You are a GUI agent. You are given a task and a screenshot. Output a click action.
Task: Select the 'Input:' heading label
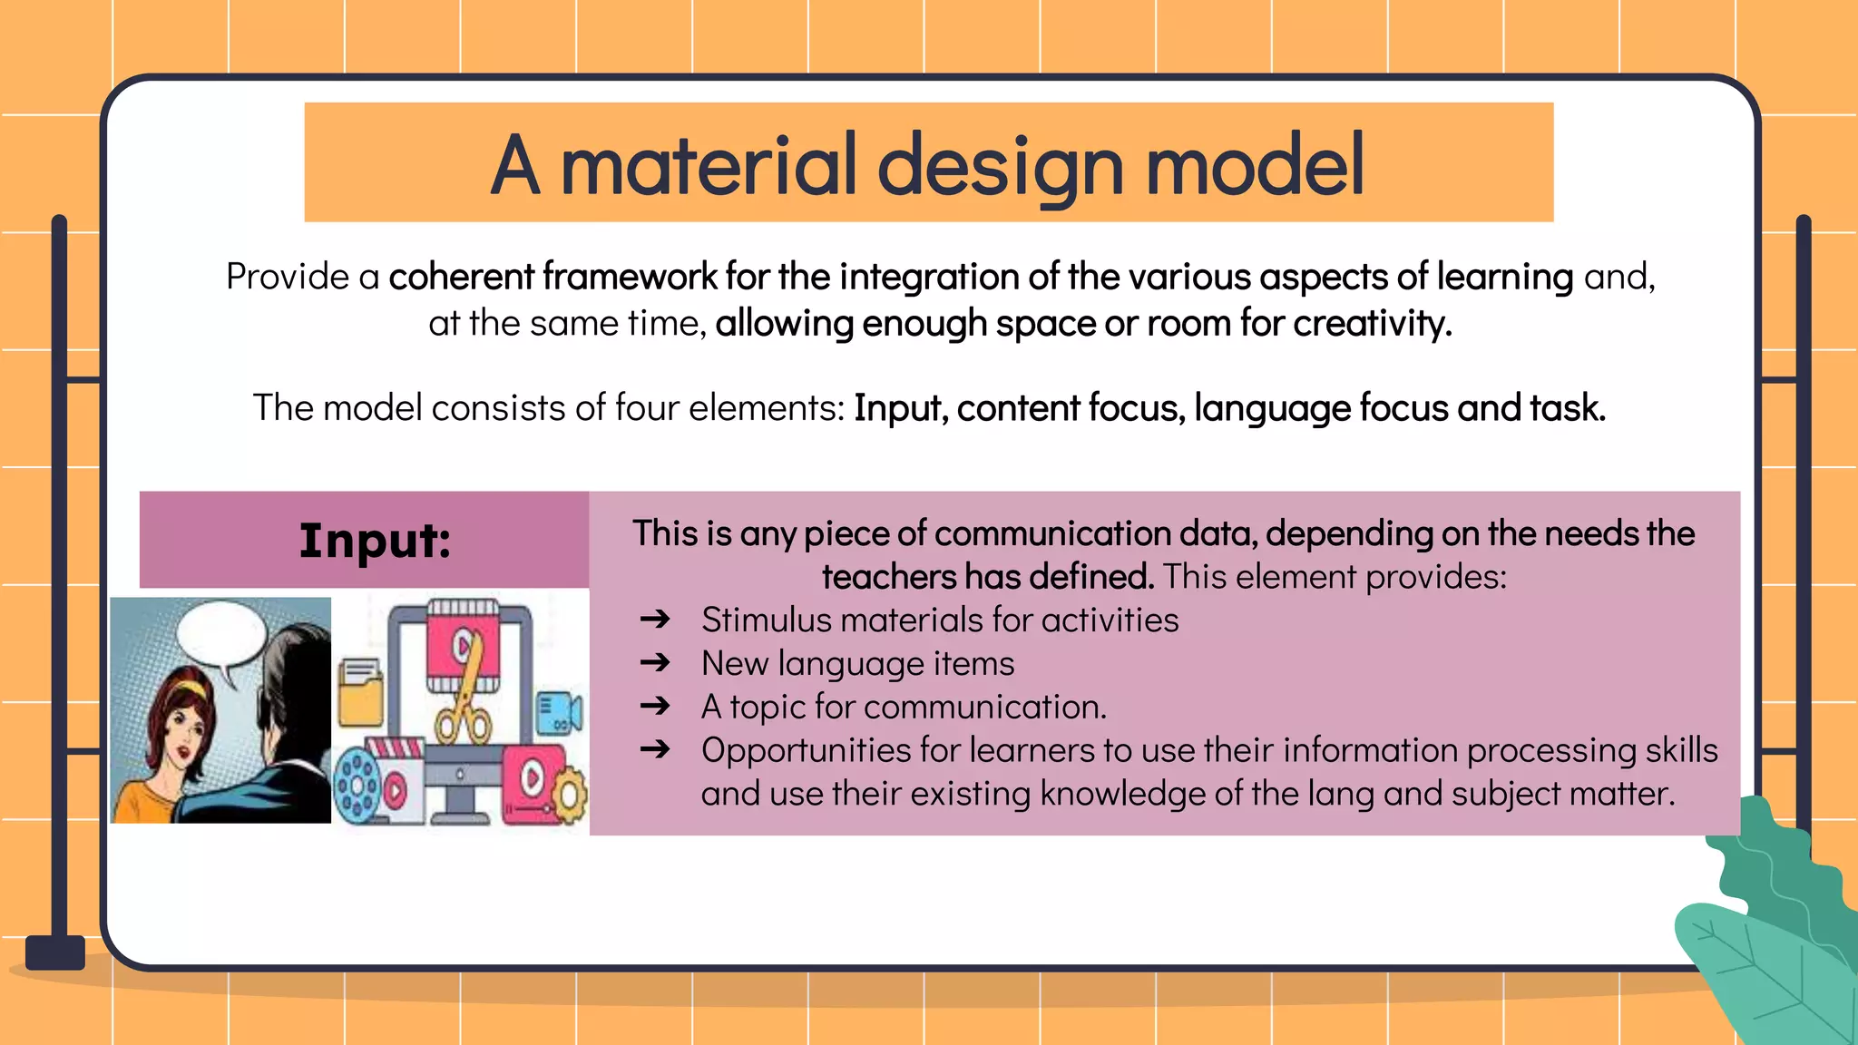pos(375,541)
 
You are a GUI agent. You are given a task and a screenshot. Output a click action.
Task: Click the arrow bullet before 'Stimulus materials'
pos(654,620)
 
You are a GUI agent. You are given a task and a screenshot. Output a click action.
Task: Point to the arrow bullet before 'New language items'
pos(654,663)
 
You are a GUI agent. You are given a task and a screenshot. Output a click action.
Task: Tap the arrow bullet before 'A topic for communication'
pos(654,706)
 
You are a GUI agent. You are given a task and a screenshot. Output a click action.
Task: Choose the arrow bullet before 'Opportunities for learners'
pos(654,749)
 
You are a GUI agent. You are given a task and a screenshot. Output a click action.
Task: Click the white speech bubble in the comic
pos(220,635)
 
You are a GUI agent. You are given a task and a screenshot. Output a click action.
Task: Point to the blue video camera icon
pos(558,712)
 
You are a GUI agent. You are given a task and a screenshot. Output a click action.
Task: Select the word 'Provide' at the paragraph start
pos(287,277)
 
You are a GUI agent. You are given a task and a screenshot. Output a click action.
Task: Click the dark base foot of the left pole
pos(55,952)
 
